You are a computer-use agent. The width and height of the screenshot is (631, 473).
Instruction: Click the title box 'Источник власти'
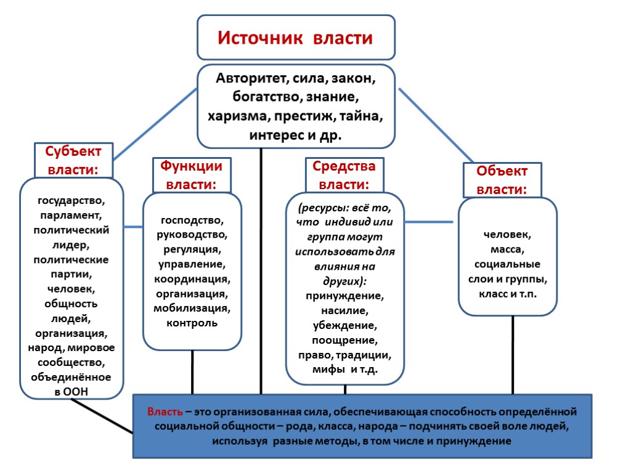[296, 38]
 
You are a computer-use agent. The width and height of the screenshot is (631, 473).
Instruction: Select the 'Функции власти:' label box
[191, 175]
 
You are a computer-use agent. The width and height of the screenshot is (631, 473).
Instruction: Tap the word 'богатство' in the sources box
[264, 97]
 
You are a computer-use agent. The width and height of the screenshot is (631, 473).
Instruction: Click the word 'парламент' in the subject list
[71, 215]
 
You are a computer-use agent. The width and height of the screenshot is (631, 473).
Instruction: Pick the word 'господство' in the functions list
[192, 220]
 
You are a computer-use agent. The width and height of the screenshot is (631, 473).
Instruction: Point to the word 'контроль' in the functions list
[192, 323]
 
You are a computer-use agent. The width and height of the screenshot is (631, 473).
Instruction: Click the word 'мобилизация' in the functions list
[192, 308]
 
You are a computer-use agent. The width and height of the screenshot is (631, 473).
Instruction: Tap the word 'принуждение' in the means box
[344, 296]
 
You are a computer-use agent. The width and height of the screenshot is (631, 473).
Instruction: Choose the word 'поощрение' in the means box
[344, 340]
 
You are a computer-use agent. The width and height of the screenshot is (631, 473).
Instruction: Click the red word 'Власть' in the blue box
[165, 411]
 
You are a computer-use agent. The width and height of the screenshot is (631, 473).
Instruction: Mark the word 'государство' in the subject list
[71, 200]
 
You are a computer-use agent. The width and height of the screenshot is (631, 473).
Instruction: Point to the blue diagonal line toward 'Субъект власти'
[154, 123]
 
